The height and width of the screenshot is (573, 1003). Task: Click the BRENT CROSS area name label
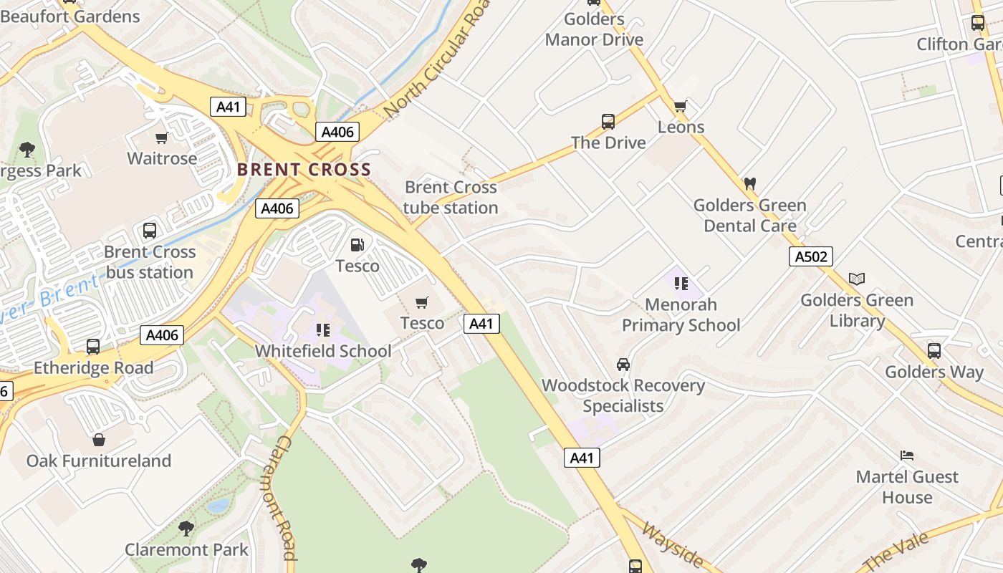click(304, 170)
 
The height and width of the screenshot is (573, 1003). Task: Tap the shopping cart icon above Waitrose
click(162, 138)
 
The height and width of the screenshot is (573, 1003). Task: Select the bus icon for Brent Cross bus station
click(150, 231)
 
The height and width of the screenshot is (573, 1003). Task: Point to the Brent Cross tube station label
click(451, 197)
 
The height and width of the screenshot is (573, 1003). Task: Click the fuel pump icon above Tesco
click(357, 245)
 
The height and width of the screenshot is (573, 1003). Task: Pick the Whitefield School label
click(323, 351)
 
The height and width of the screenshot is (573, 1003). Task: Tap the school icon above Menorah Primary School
click(681, 284)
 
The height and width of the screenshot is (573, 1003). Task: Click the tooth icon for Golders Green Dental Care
click(750, 184)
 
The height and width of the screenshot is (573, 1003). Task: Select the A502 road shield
click(811, 256)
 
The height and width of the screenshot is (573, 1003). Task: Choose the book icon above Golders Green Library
click(857, 279)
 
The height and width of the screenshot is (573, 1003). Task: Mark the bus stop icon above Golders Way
click(934, 351)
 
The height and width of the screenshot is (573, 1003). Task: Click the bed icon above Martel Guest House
click(907, 456)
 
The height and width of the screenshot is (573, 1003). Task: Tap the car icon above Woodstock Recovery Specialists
click(623, 365)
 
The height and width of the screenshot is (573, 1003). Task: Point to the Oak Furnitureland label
click(99, 461)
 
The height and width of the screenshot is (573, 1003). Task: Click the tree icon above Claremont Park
click(186, 529)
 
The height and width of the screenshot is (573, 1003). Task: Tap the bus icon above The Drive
click(608, 122)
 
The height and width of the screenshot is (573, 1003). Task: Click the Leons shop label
click(681, 127)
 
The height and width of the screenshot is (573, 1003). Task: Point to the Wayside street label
click(672, 544)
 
